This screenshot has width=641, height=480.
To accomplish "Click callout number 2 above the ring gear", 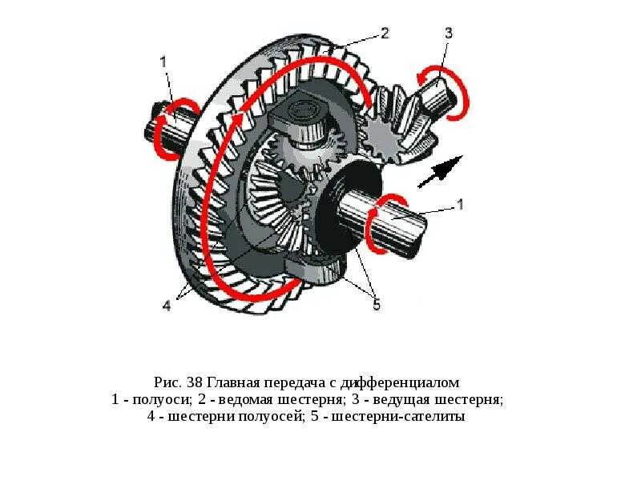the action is tap(385, 33).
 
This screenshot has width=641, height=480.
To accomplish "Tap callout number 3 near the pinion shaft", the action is tap(448, 33).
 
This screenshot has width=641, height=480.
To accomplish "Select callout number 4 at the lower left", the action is tap(167, 305).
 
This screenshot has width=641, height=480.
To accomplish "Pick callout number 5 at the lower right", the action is tap(375, 303).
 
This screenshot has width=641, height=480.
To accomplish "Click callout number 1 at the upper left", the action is tap(163, 61).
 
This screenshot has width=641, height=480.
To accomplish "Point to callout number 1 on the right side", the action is tap(460, 204).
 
